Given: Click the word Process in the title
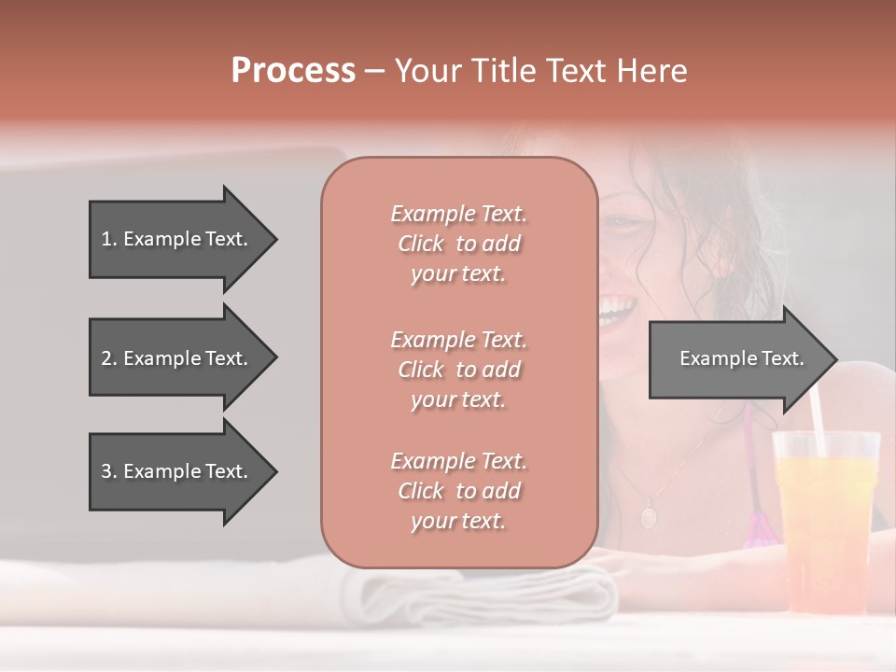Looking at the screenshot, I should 293,71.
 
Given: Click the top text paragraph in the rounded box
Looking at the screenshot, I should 458,244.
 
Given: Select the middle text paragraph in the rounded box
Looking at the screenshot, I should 458,370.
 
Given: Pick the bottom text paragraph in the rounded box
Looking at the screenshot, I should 458,491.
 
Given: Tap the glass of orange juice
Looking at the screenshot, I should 826,523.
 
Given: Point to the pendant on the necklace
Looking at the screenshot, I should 648,514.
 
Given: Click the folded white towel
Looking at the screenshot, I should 485,593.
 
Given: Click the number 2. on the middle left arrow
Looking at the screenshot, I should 109,358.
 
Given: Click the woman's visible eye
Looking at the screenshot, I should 617,222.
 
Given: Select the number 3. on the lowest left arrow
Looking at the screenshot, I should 109,471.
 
